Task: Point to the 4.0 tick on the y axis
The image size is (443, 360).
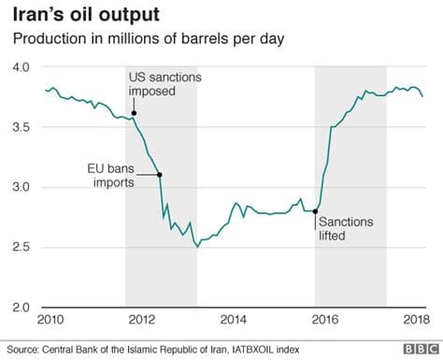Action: coord(21,67)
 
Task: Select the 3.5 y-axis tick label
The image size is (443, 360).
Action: coord(21,127)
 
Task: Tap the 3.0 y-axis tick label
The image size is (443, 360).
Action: coord(21,187)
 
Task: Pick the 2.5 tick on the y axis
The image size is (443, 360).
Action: coord(21,247)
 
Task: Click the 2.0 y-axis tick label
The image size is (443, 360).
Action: coord(21,307)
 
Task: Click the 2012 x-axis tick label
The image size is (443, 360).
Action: coord(140,321)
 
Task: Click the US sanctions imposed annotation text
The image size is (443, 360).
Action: coord(165,81)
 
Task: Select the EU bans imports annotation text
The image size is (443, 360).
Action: coord(110,175)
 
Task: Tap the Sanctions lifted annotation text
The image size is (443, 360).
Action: coord(346,229)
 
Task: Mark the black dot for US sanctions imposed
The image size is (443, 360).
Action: coord(135,114)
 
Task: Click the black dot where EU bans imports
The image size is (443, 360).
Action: coord(159,175)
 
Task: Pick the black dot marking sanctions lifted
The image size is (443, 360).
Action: coord(316,211)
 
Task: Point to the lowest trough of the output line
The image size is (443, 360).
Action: coord(197,246)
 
